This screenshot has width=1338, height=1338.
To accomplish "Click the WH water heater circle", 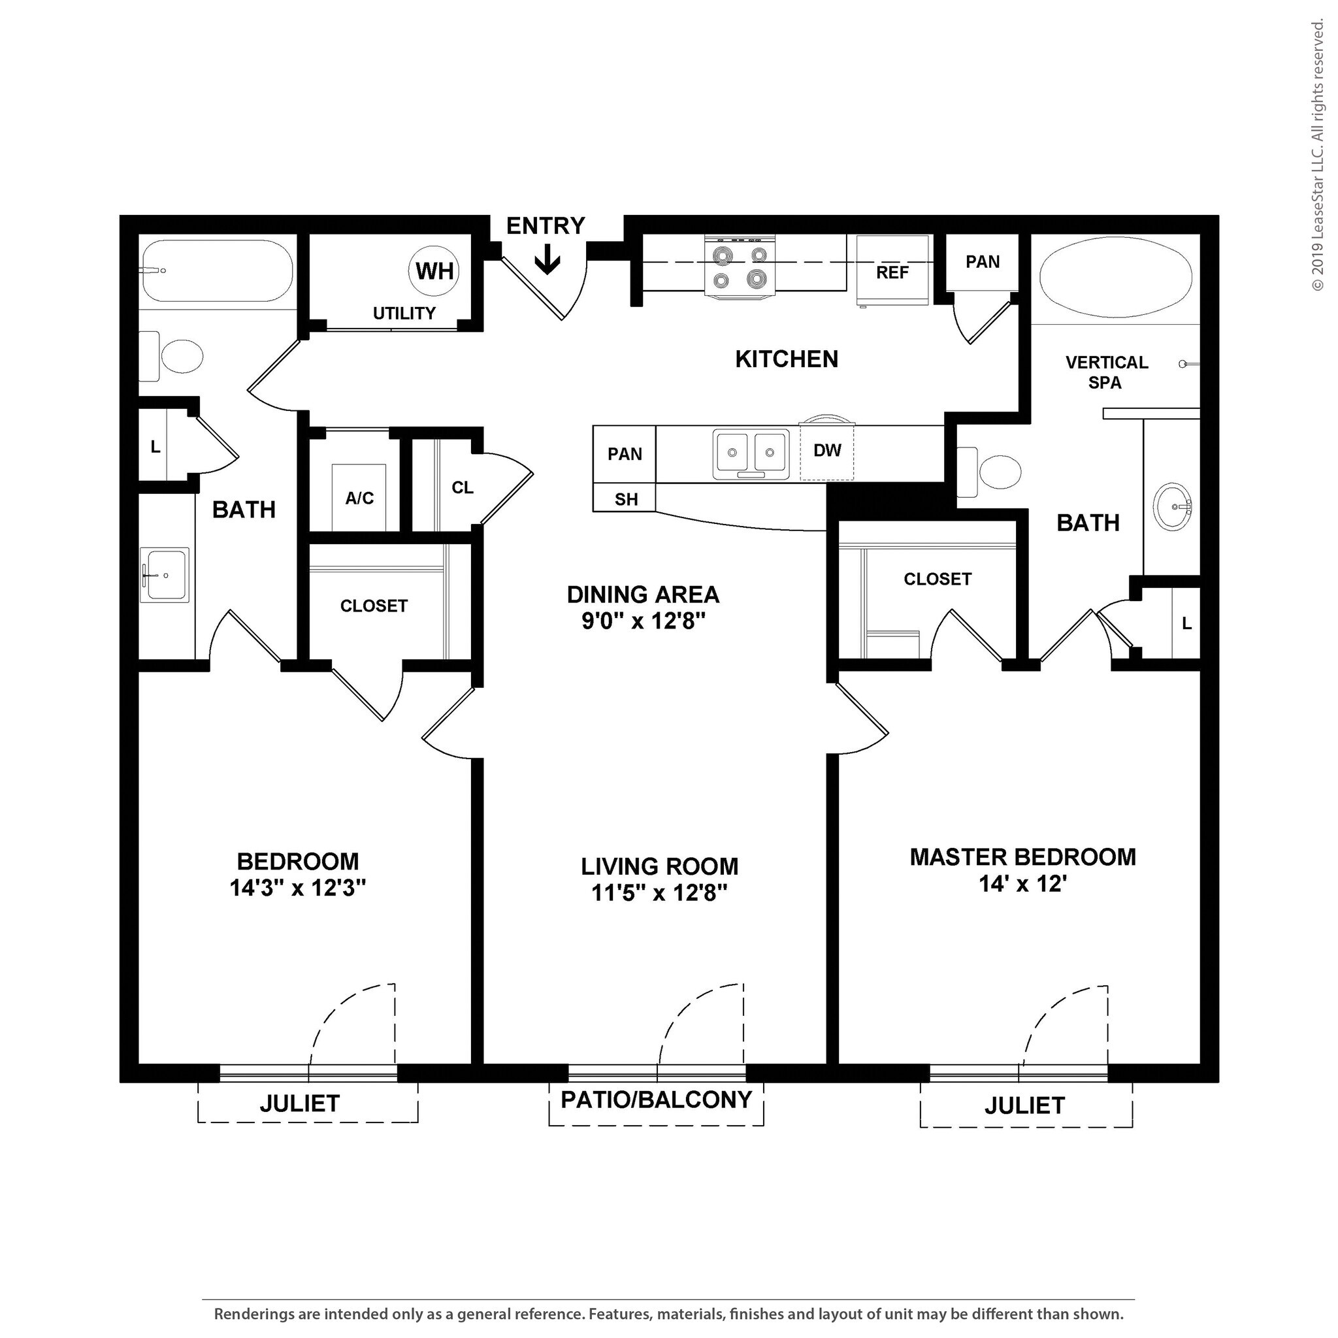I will (x=435, y=270).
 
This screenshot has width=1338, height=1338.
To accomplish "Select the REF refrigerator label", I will (x=892, y=272).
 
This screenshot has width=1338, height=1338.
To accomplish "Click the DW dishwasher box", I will (x=827, y=451).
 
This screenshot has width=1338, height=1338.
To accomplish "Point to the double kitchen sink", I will (x=751, y=453).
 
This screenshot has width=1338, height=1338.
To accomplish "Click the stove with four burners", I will (x=740, y=267).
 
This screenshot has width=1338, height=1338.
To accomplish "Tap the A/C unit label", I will (x=359, y=498).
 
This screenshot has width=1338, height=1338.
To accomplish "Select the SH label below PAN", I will (x=625, y=499).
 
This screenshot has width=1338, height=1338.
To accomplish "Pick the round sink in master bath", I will (x=1173, y=506).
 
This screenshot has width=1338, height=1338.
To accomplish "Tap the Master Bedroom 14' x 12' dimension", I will (x=1022, y=884).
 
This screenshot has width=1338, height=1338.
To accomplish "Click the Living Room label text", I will (x=659, y=866).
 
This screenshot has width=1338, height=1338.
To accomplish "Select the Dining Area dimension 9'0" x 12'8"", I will (x=644, y=621).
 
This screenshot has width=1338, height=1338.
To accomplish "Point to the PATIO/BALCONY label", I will (x=656, y=1100).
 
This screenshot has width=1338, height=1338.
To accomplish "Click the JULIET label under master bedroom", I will (x=1024, y=1106).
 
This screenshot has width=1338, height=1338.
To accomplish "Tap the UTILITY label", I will (x=404, y=313).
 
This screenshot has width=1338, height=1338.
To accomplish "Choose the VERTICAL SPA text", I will (x=1106, y=372).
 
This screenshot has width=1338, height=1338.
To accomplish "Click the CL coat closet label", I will (x=462, y=487).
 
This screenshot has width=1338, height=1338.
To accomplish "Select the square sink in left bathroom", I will (x=165, y=575).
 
